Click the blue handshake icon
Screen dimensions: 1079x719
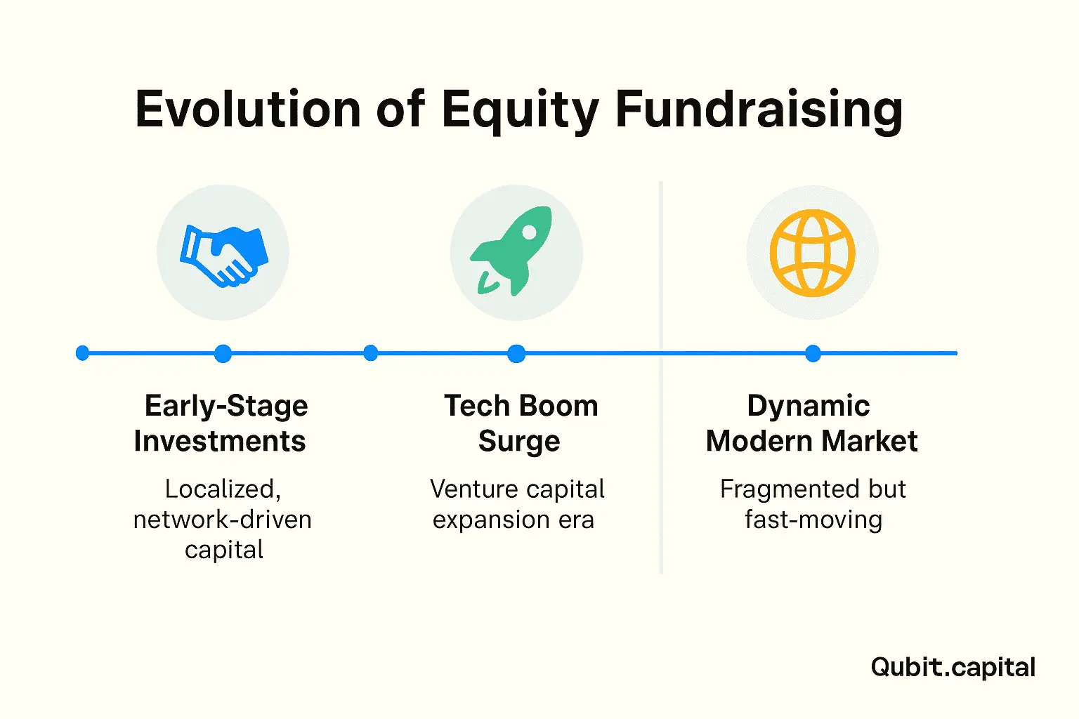(x=224, y=256)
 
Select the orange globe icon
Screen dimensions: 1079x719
(x=812, y=253)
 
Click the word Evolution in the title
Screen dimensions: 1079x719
(x=248, y=110)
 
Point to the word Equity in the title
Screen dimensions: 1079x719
(x=521, y=112)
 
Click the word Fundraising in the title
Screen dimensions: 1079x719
(x=759, y=112)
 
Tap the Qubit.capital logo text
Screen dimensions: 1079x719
(x=953, y=668)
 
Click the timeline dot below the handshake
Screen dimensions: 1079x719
(x=223, y=353)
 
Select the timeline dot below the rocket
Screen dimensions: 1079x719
(x=516, y=353)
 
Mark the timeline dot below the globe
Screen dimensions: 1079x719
(x=813, y=353)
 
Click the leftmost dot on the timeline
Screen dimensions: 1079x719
(x=82, y=353)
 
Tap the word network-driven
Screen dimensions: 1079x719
(x=223, y=520)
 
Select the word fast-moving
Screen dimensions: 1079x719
(x=813, y=520)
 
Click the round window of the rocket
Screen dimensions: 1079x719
(x=529, y=232)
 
